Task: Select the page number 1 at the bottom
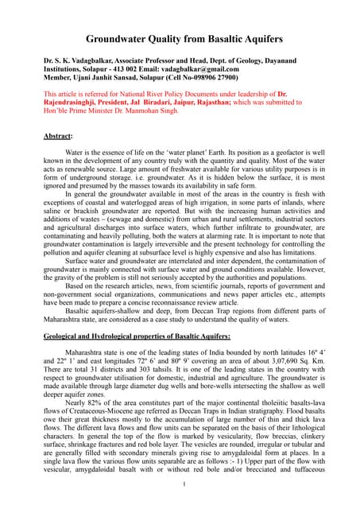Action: [x=184, y=484]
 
